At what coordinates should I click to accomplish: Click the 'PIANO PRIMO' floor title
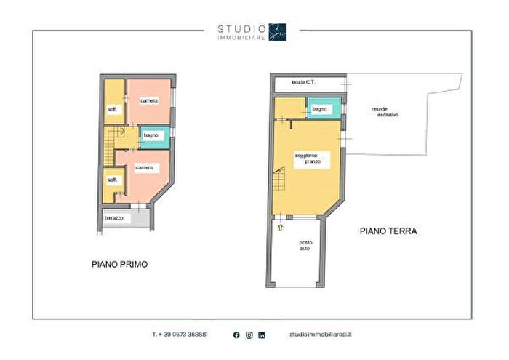[x=119, y=265]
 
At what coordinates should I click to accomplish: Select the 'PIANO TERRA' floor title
[x=388, y=232]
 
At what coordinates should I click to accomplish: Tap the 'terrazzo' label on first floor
[x=114, y=218]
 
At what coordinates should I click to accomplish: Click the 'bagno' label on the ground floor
[x=320, y=109]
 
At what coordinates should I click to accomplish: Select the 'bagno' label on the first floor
[x=151, y=135]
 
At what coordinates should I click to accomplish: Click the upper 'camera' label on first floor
[x=148, y=100]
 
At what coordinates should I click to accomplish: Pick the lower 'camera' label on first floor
[x=144, y=168]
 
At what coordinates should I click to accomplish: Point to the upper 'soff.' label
[x=113, y=109]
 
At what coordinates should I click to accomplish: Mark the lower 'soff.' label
[x=113, y=180]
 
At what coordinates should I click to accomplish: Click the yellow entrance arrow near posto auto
[x=280, y=228]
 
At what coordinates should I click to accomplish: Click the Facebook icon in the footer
[x=236, y=335]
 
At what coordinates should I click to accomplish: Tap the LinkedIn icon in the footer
[x=262, y=335]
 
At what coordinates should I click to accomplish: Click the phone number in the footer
[x=180, y=335]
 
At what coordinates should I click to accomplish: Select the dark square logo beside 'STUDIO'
[x=278, y=31]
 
